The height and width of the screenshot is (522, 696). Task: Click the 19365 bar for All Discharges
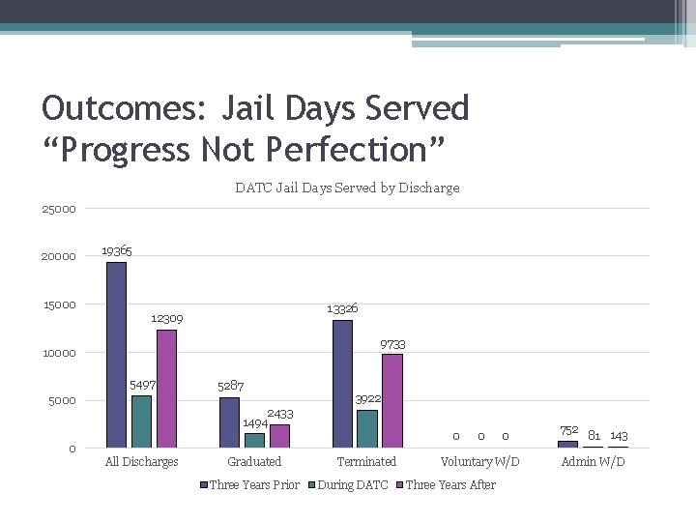coord(116,355)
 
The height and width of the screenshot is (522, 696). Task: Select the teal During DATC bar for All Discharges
coord(141,421)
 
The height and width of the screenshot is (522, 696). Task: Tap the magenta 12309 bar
coord(166,389)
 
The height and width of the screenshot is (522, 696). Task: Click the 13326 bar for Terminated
coord(342,384)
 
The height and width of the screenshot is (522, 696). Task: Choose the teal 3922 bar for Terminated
coord(367,428)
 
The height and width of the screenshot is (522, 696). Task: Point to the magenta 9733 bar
coord(391,400)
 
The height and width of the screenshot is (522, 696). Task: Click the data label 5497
coord(143,386)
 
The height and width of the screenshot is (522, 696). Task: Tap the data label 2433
coord(280,414)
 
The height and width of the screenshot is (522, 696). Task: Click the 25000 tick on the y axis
coord(58,209)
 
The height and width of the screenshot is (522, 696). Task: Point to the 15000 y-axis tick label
coord(58,305)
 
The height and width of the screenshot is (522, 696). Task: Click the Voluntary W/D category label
coord(479,462)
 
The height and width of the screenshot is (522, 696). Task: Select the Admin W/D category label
coord(593,462)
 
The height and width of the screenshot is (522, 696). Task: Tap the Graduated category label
coord(254,462)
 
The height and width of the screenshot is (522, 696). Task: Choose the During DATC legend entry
coord(352,485)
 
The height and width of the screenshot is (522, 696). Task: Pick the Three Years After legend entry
coord(449,485)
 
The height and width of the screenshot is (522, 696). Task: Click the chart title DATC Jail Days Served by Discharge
coord(347,188)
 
